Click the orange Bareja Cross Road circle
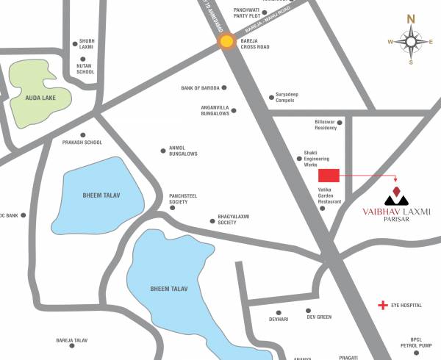[228, 42]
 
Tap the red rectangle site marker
[329, 176]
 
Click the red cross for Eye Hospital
[382, 304]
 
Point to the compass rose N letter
[412, 19]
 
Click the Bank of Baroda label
[199, 88]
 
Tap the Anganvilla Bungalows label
[215, 110]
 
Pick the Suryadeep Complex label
[289, 97]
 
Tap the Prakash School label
[82, 143]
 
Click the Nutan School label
[85, 69]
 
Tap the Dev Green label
[320, 317]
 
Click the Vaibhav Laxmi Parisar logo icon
[397, 196]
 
